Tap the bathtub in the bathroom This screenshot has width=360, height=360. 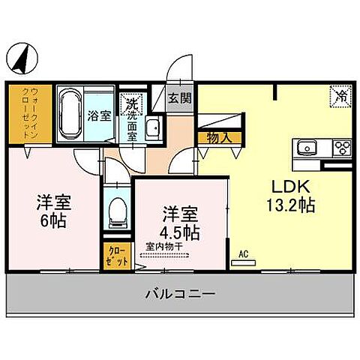tap(71, 113)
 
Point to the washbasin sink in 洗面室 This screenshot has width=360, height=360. tap(152, 128)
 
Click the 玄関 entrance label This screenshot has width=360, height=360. tap(178, 98)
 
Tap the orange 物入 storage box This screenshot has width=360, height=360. tap(214, 137)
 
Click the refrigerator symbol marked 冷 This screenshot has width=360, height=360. tap(340, 96)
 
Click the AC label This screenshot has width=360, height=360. tap(243, 253)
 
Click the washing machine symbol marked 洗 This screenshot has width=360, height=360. tap(131, 103)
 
